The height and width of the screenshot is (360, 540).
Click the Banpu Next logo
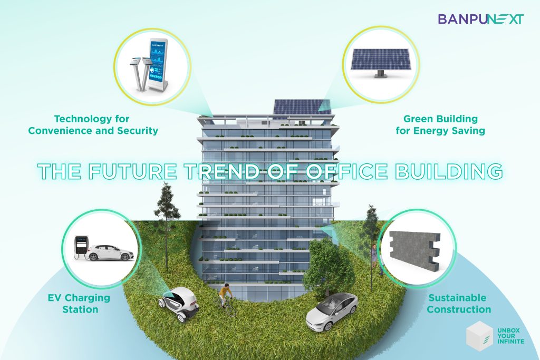(x=481, y=19)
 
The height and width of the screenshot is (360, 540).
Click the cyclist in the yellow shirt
(x=226, y=297)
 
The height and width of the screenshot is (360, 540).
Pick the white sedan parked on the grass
(x=332, y=312)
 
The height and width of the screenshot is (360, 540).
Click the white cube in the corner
(x=479, y=336)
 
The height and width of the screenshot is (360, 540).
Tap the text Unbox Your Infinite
(x=510, y=336)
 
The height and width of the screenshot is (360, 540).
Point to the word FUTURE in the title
(x=132, y=171)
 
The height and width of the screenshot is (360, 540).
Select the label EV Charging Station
(x=79, y=303)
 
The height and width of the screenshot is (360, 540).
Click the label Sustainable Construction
(x=459, y=303)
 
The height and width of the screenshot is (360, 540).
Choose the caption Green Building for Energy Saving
(x=440, y=124)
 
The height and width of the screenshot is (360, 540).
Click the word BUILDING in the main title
(x=449, y=171)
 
